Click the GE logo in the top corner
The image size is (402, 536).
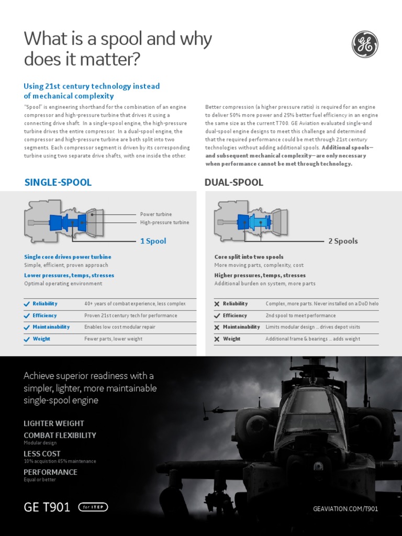(365, 44)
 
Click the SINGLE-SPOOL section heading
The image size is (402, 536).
(58, 182)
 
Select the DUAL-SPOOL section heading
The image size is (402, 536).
(233, 182)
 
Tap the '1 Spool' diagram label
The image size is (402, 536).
(153, 241)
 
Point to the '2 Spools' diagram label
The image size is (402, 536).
(343, 241)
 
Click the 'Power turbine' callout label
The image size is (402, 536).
(155, 215)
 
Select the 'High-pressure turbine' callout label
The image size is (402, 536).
(164, 222)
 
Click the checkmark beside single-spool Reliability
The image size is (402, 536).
(27, 304)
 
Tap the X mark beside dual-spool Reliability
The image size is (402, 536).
(217, 304)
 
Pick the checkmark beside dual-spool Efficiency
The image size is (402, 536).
(217, 316)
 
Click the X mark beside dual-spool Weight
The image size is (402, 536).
(217, 339)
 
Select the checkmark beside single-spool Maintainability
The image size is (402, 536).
(27, 327)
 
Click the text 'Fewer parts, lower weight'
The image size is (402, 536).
(113, 339)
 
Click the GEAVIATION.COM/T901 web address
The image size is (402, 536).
(345, 509)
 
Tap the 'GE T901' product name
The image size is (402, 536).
(47, 507)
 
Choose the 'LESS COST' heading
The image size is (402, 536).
(42, 453)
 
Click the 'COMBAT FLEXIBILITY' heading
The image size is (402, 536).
(60, 435)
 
